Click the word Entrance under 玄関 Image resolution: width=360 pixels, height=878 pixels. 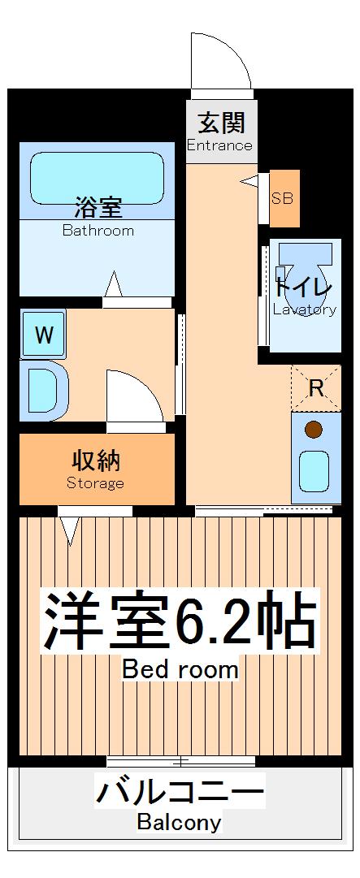tap(219, 146)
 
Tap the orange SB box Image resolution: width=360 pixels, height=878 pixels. tap(284, 198)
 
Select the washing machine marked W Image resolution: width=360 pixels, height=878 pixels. tap(44, 334)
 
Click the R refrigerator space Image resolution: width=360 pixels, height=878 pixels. tap(316, 388)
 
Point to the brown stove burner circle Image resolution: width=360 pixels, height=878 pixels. tap(313, 429)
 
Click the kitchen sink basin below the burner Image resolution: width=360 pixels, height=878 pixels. tap(313, 469)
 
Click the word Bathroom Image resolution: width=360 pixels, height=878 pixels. tap(98, 231)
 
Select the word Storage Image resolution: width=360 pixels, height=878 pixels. tap(95, 484)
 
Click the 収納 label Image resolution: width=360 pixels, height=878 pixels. tap(96, 461)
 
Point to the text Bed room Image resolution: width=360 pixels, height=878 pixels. tap(180, 670)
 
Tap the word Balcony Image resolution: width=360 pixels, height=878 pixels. tap(179, 823)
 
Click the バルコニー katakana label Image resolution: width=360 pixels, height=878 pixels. tap(180, 793)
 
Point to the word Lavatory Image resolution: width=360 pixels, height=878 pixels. tap(305, 309)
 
